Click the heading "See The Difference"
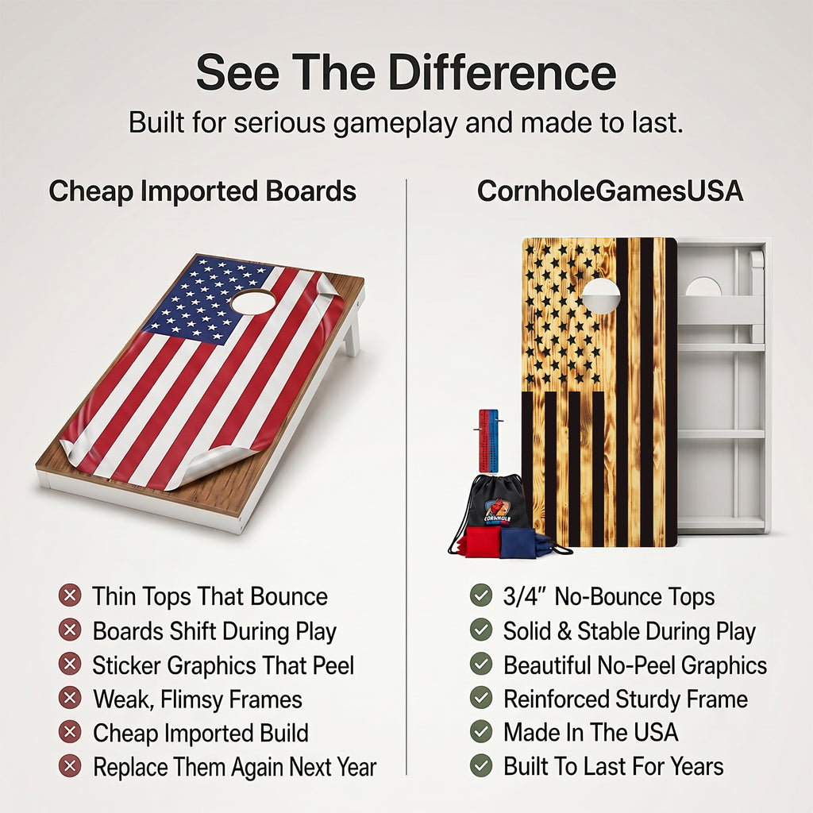(x=406, y=72)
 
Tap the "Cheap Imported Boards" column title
(x=202, y=191)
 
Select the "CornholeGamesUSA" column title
(x=610, y=191)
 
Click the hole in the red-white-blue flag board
(x=253, y=302)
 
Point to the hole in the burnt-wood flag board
(x=601, y=295)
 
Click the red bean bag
(x=480, y=541)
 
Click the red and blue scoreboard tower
(x=488, y=441)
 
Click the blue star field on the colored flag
(x=207, y=300)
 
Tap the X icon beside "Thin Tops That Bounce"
(x=70, y=595)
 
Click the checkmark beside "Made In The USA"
(x=481, y=731)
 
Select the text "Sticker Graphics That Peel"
(x=223, y=666)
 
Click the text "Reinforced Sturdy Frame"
(x=626, y=699)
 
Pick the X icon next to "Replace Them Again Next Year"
(x=70, y=766)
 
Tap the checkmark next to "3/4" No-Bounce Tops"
(x=481, y=595)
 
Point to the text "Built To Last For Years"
(x=614, y=766)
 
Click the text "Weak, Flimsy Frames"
(x=198, y=699)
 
